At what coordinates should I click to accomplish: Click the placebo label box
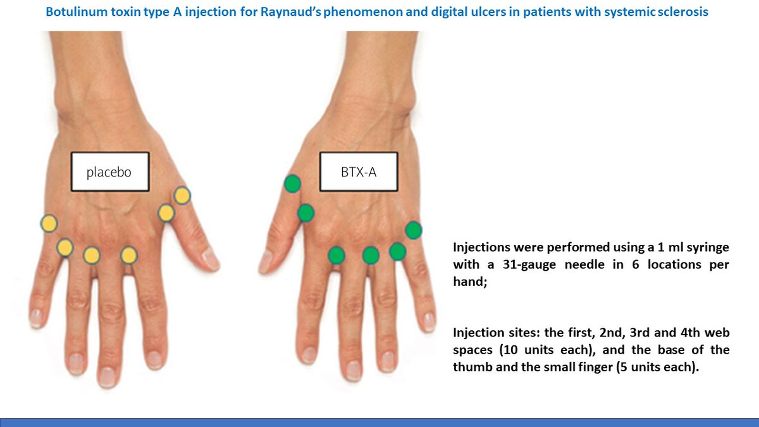click(109, 171)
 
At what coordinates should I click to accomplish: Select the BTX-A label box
click(359, 171)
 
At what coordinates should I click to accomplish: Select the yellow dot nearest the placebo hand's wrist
click(182, 195)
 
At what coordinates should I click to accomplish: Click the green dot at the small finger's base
click(413, 230)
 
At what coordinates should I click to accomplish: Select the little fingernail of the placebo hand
click(37, 316)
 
